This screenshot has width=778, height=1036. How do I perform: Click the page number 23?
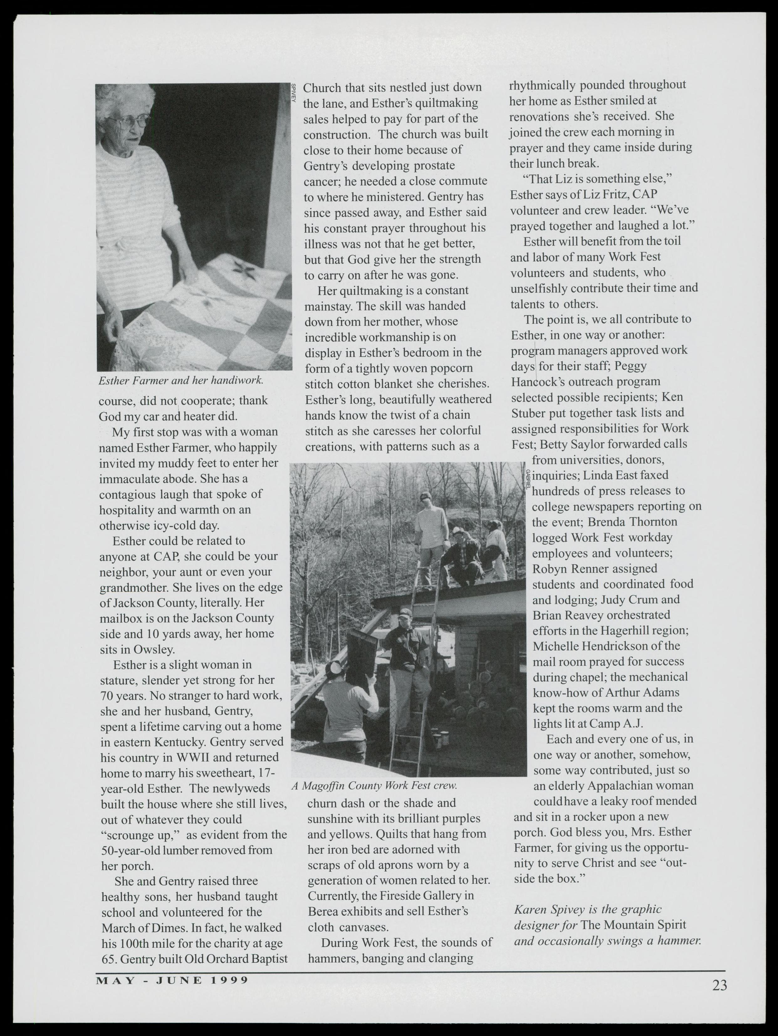(x=719, y=986)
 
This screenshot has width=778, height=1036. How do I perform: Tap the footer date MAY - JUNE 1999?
(x=172, y=980)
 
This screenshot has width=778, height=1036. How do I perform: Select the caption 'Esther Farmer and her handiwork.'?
(x=181, y=380)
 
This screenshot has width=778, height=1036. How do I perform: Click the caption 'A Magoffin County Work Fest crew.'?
(x=374, y=785)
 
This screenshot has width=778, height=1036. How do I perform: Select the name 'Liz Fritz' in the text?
(x=589, y=194)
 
